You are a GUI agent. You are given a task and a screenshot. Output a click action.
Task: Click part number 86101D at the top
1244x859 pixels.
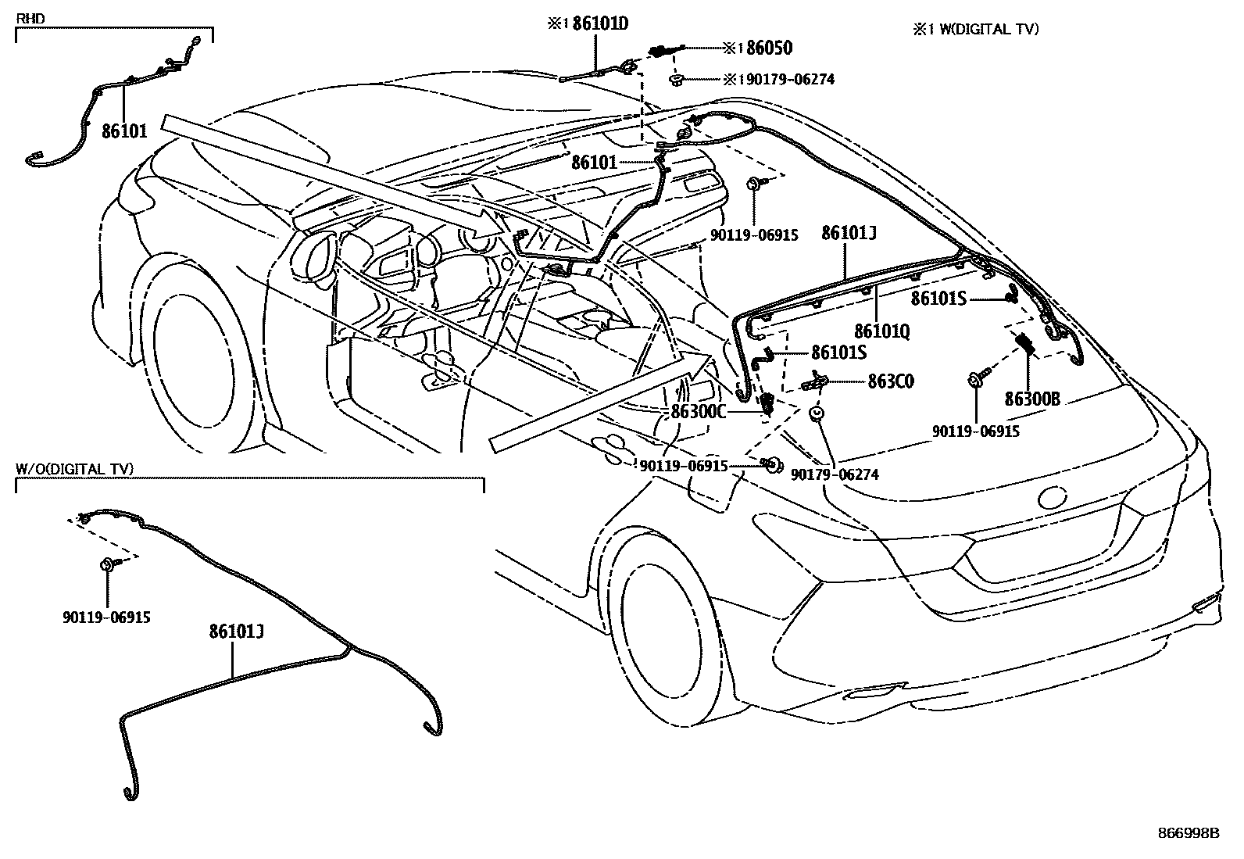point(599,24)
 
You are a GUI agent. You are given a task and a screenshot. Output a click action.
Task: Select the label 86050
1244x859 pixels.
point(769,48)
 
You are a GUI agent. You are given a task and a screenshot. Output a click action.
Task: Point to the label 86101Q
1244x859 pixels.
point(881,331)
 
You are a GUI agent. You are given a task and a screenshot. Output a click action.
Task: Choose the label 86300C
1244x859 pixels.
point(699,412)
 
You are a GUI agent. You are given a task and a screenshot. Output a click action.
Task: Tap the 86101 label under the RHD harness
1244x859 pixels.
point(124,131)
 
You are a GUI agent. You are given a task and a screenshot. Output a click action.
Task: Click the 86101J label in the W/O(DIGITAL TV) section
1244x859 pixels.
point(236,631)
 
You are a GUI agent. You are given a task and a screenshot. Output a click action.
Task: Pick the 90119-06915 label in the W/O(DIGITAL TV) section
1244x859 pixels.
point(106,617)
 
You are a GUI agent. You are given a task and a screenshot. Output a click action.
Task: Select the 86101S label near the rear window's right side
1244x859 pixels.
point(939,299)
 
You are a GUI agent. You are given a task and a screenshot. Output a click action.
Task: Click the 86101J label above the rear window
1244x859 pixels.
point(849,233)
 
